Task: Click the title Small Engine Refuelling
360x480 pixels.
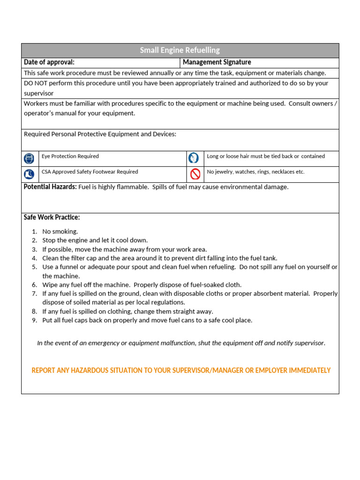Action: [180, 50]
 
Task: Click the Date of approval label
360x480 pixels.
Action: [49, 62]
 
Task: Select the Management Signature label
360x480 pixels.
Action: [217, 62]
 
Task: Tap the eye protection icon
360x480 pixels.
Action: [29, 158]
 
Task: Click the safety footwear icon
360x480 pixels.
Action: [29, 174]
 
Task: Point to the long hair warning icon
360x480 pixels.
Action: [194, 158]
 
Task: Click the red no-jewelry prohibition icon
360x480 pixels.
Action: [195, 174]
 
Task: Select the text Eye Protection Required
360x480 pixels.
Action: [70, 157]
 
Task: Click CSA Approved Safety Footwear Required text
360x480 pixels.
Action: [90, 172]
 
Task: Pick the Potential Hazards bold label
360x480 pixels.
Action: [50, 187]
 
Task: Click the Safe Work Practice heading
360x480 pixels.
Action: [52, 217]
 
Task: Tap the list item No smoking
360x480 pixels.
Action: [60, 232]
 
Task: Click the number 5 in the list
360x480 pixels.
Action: [34, 267]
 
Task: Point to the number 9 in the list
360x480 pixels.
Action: [34, 321]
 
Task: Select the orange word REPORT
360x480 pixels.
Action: [43, 370]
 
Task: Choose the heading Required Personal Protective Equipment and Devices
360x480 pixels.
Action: [100, 134]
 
